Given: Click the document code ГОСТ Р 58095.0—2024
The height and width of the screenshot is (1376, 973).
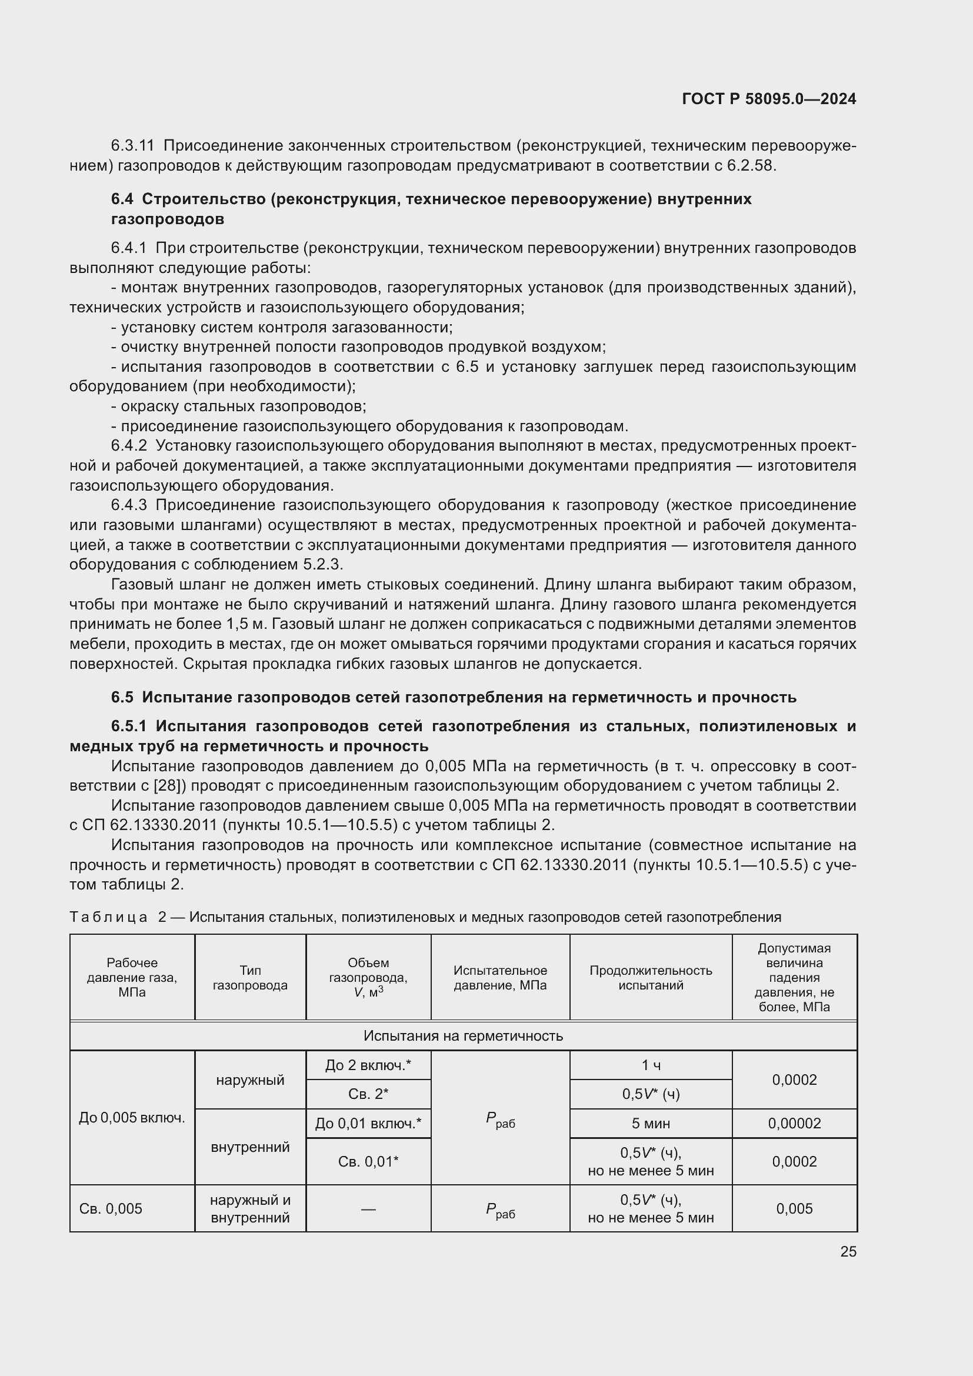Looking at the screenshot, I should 769,99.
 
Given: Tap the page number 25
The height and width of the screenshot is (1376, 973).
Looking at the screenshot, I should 848,1251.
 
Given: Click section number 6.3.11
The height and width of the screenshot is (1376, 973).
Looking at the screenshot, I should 132,146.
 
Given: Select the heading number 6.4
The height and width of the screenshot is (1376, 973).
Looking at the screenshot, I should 122,199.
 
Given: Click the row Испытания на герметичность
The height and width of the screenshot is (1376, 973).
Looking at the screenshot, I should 463,1035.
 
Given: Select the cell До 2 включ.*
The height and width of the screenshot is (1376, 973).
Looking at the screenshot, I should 368,1065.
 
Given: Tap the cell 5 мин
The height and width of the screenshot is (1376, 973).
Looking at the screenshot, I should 650,1123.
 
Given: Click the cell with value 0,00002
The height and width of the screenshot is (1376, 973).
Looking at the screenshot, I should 794,1123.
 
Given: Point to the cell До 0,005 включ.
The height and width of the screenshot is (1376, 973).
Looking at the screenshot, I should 132,1117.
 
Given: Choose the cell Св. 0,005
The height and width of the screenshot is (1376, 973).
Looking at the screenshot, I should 111,1208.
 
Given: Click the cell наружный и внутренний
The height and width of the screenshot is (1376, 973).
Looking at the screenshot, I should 250,1208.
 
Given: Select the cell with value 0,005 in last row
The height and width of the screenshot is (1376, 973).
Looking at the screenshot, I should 794,1208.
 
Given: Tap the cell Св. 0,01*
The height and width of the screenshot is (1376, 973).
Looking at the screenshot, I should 368,1161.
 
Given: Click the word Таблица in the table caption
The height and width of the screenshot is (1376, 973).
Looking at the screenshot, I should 108,917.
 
